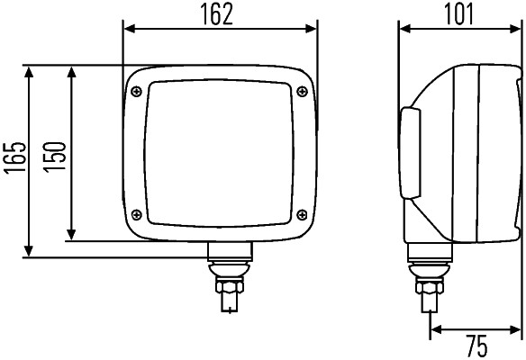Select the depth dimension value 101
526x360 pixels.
point(459,13)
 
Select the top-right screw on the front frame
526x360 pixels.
point(301,88)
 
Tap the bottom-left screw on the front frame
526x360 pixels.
point(136,213)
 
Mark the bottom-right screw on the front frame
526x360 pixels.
point(304,213)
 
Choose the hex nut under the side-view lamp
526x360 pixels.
point(427,288)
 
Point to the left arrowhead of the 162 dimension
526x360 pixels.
point(127,29)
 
